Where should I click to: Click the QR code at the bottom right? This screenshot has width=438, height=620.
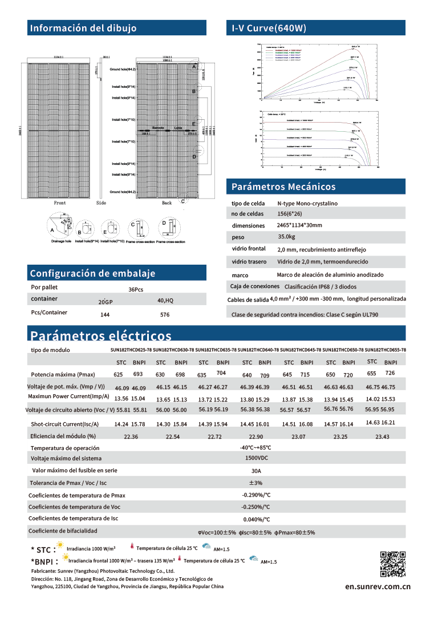point(392,565)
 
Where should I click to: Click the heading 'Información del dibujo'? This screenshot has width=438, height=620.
point(83,28)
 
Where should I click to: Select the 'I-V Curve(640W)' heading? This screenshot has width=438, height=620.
point(269,28)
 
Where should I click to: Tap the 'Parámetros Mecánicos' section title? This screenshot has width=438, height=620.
point(283,187)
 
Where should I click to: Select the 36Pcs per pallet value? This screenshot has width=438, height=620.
point(136,290)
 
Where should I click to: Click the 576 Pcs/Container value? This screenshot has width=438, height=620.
point(165,314)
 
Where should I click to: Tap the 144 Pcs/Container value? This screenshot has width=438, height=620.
point(105,314)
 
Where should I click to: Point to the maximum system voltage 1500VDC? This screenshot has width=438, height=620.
point(256,459)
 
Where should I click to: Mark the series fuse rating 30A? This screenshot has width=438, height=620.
point(256,471)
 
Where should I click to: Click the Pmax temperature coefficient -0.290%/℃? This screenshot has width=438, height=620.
point(256,495)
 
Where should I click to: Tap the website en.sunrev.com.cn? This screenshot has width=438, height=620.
point(378,586)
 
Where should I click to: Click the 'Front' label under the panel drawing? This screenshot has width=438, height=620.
point(60,203)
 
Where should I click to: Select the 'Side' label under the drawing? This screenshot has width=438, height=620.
point(102,203)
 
